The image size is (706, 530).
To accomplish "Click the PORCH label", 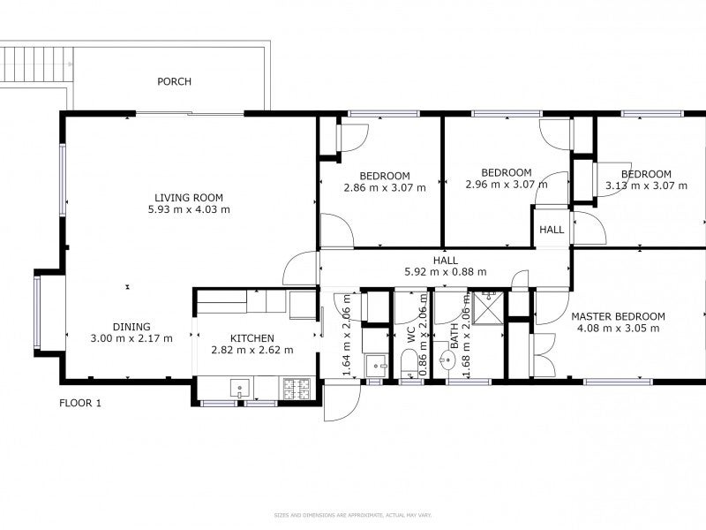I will click(174, 82).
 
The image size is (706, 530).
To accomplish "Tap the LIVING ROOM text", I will click(189, 198).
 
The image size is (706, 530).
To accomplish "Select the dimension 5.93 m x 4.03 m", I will click(189, 210).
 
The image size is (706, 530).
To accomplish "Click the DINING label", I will click(131, 326).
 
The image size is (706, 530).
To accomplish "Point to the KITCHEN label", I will click(252, 338).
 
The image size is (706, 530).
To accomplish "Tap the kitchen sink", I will click(239, 386).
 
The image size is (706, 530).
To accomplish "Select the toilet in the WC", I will click(409, 363).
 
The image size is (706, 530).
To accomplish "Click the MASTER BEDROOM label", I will click(617, 316).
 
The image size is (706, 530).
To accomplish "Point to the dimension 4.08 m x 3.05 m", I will click(617, 329).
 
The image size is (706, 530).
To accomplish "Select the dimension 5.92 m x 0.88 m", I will click(445, 272).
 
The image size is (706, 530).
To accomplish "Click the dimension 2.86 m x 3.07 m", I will click(384, 187).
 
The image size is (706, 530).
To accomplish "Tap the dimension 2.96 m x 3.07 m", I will click(506, 185).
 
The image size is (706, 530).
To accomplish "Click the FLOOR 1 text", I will click(80, 404).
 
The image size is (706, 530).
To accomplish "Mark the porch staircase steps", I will click(34, 63).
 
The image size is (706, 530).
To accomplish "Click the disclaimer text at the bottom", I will click(353, 515).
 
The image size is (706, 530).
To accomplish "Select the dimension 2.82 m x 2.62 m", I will click(252, 351).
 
